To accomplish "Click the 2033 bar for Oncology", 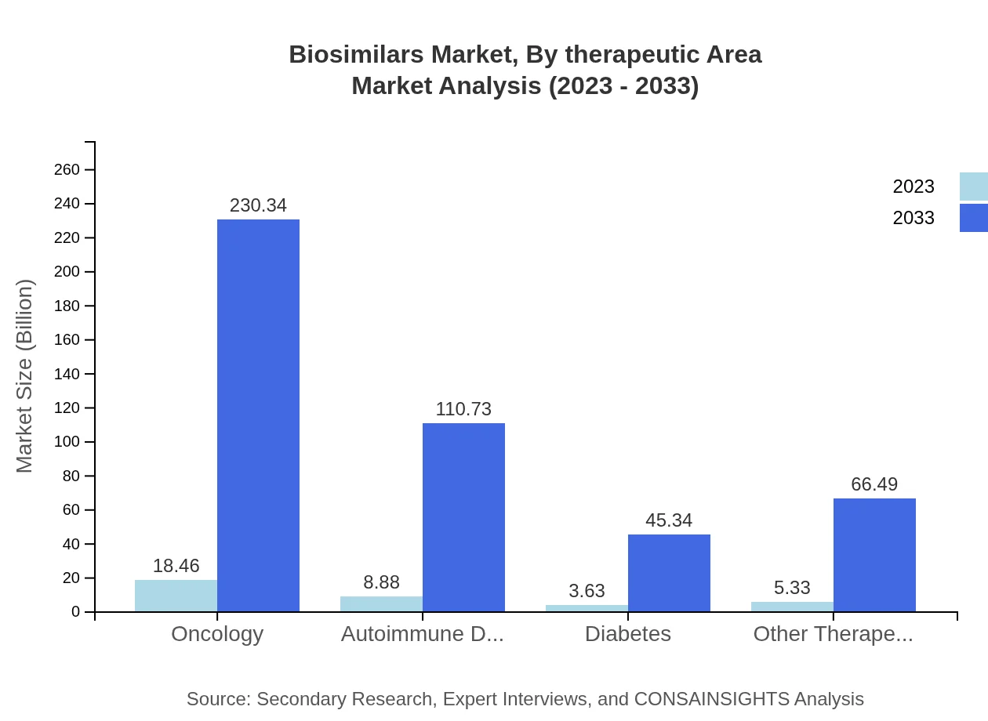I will (258, 415).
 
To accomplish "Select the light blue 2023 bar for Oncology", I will (176, 596).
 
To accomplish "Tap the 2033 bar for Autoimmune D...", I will (463, 517).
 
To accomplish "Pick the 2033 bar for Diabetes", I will (669, 573).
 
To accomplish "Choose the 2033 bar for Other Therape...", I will (874, 555).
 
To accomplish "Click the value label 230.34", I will (258, 205).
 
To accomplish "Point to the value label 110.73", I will (463, 409).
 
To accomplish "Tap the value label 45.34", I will (669, 520).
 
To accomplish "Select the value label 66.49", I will (874, 484).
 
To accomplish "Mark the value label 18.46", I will (176, 566).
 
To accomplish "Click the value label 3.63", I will (587, 591).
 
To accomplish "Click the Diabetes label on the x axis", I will (627, 634).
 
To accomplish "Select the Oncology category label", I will (217, 634).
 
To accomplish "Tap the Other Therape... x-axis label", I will (833, 634).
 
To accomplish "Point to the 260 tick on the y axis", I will (67, 170).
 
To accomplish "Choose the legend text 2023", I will (914, 187).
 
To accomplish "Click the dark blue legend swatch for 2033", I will (973, 218).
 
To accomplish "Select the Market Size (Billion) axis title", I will (25, 376).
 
